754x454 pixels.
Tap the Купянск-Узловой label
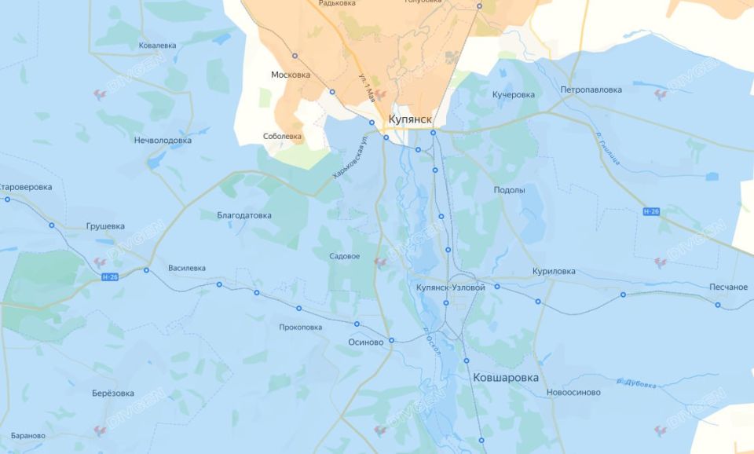(451, 287)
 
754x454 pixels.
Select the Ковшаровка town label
(506, 378)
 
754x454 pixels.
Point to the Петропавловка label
(591, 90)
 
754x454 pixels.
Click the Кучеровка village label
(513, 95)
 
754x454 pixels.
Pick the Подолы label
(509, 190)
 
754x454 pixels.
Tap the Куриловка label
(553, 272)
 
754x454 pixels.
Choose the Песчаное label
(728, 287)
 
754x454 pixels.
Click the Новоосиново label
(573, 392)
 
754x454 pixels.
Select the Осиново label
(365, 342)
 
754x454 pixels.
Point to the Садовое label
(345, 256)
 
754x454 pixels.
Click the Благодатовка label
(244, 215)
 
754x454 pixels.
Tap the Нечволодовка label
(163, 141)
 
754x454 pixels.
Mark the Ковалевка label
(157, 46)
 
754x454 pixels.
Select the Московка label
(290, 75)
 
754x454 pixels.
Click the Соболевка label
(282, 136)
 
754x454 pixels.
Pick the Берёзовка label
(113, 394)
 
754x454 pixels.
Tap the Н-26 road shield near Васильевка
(110, 277)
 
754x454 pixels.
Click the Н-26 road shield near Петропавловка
(650, 212)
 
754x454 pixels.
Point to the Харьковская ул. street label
(351, 157)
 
